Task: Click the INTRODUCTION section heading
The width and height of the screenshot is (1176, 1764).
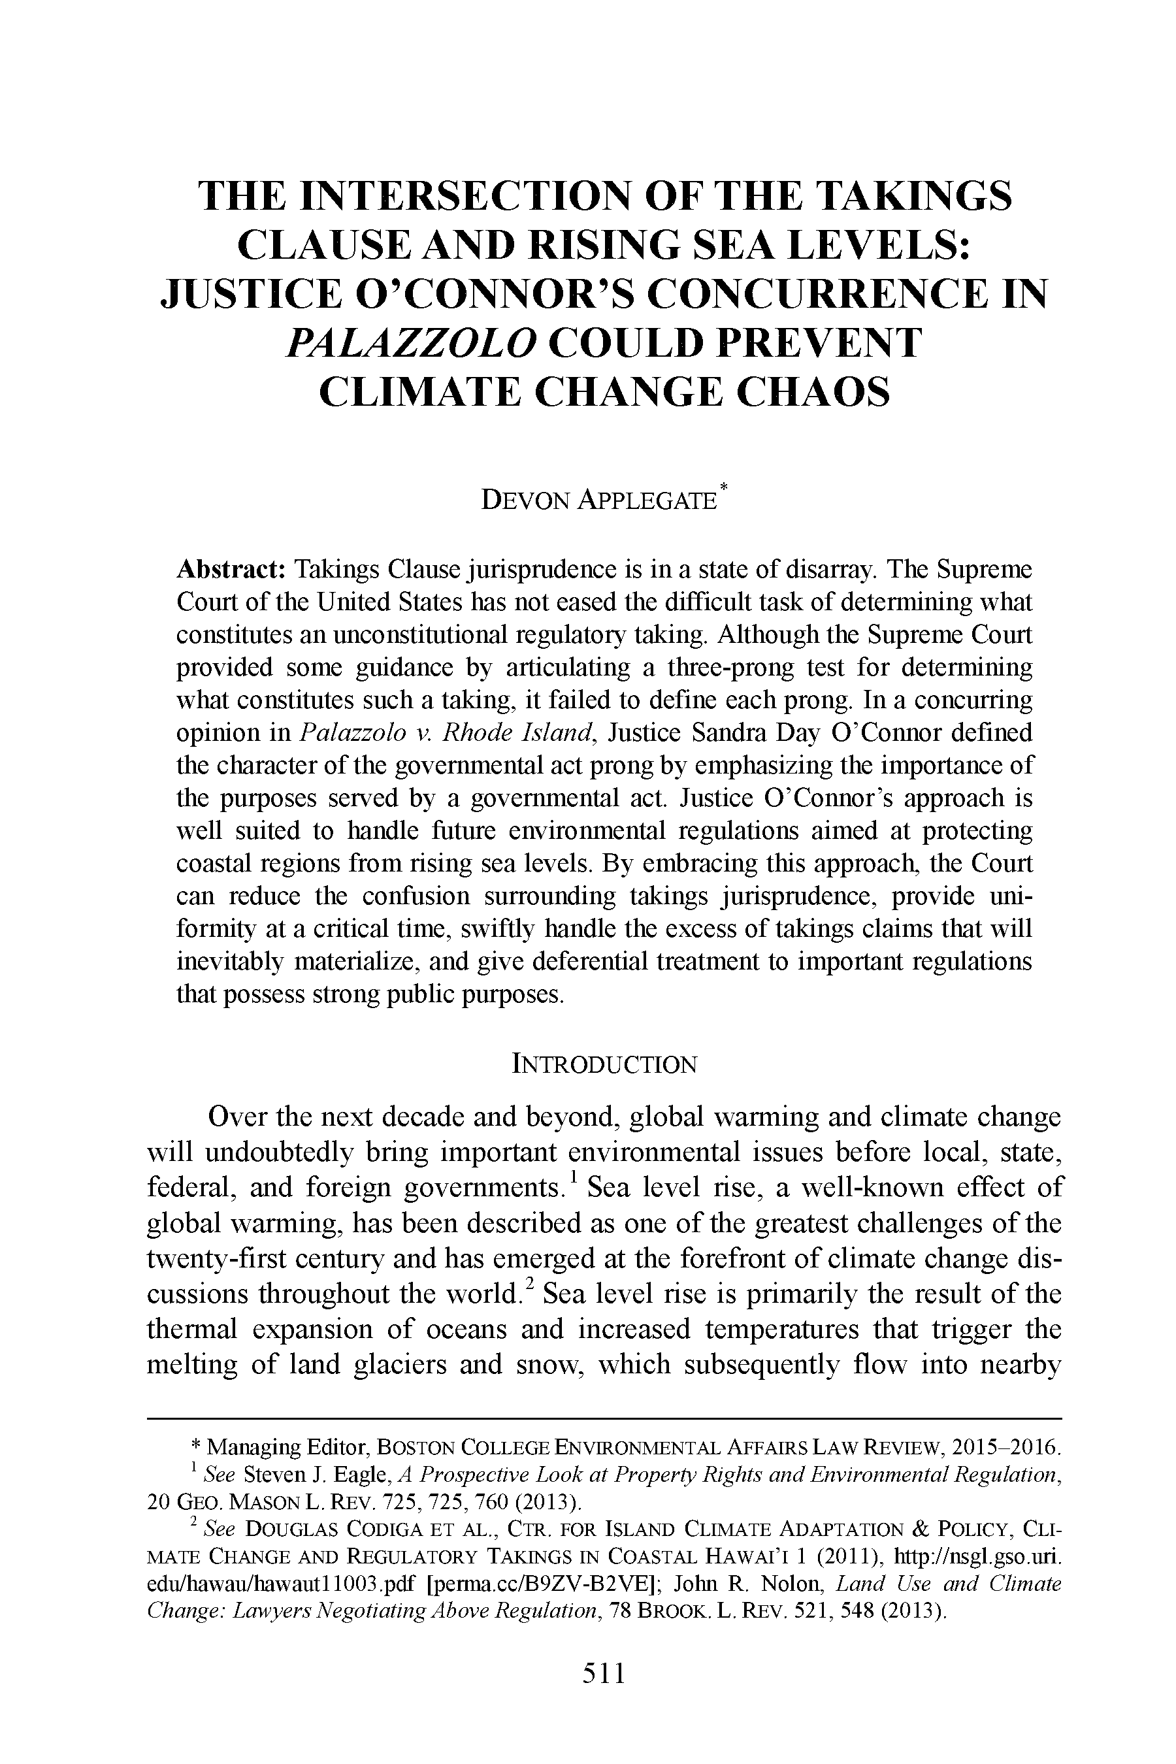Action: click(604, 1064)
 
